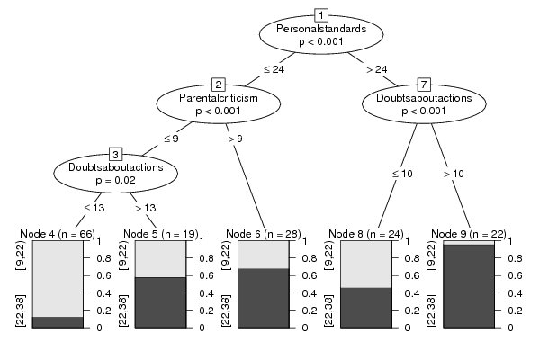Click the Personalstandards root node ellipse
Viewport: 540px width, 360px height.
tap(321, 34)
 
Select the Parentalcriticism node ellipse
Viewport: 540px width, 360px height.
tap(219, 103)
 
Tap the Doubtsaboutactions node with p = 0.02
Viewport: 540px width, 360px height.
tap(116, 173)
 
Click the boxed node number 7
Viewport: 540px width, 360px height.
tap(424, 85)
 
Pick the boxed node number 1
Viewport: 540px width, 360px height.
tap(321, 15)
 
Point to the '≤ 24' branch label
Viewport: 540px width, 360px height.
tap(274, 69)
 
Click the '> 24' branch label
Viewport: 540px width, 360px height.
tap(377, 69)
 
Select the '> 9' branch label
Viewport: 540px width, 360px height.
tap(236, 139)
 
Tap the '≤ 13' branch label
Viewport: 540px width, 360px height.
tap(94, 208)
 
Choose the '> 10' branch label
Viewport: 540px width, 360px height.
tap(454, 174)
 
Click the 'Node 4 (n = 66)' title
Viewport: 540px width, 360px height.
tap(58, 234)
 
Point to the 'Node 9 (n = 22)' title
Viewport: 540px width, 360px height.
tap(469, 234)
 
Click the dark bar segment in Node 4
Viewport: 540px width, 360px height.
tap(58, 322)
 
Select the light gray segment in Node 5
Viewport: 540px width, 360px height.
tap(160, 259)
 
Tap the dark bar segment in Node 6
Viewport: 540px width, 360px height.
tap(263, 298)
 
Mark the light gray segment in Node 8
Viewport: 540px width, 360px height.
tap(366, 265)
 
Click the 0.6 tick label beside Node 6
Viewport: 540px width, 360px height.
tap(310, 275)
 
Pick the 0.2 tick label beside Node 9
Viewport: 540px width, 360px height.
tap(515, 310)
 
